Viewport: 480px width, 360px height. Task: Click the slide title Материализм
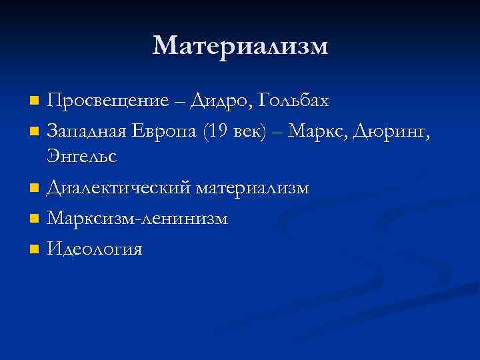tap(240, 46)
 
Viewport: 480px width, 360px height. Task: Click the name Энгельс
tap(82, 157)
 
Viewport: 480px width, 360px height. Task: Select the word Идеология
tap(95, 249)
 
